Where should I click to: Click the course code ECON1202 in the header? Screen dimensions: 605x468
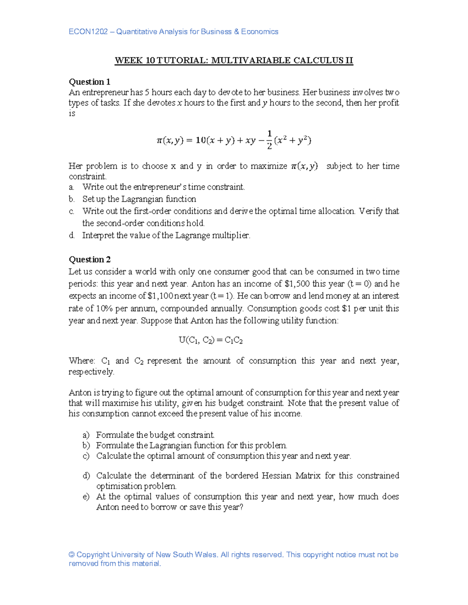(88, 32)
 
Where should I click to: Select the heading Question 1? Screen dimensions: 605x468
(89, 82)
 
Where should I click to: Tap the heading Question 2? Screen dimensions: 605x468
(89, 259)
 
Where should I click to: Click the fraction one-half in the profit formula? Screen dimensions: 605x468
(269, 140)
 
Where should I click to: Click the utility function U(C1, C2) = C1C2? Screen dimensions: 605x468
(211, 340)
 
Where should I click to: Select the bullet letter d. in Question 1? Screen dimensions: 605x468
(72, 235)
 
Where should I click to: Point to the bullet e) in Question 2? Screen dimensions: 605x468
(86, 497)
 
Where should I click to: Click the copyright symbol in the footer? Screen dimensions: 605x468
(71, 555)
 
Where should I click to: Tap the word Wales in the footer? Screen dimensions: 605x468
(206, 555)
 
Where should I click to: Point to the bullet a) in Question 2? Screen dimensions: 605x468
(86, 435)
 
